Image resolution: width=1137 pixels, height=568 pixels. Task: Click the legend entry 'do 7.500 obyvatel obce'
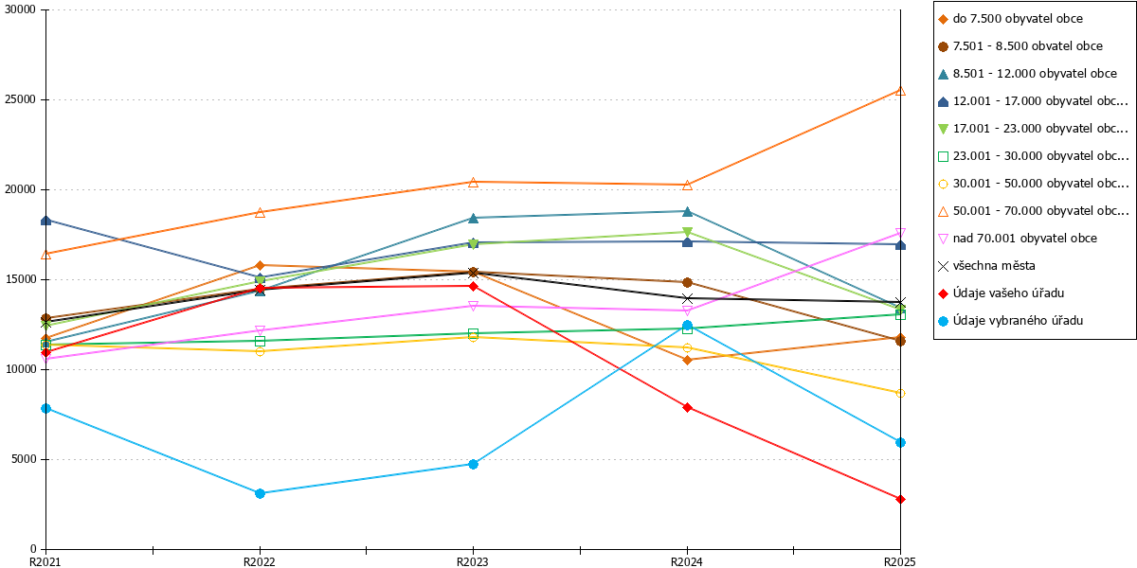1018,19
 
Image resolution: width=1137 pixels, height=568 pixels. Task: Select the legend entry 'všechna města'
993,266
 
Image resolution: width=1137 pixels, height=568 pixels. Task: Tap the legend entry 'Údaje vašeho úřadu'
1008,293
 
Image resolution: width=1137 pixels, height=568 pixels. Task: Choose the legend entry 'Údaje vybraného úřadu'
1018,321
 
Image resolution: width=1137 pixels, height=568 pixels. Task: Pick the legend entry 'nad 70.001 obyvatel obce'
1024,239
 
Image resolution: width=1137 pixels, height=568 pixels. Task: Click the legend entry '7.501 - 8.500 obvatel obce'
1027,46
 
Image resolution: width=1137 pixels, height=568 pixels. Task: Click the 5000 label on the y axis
24,459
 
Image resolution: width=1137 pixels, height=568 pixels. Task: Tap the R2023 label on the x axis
473,561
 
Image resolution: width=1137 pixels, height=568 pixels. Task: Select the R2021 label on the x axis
45,561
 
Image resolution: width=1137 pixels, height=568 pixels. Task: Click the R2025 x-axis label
900,561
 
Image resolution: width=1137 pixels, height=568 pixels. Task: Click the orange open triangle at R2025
900,91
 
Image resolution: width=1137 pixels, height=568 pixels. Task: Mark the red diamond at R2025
900,500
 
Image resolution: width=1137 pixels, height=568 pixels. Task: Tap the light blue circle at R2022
260,493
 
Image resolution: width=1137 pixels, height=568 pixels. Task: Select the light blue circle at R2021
45,409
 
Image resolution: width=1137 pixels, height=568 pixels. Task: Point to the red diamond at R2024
687,408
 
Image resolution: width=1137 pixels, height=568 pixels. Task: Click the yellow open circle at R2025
900,394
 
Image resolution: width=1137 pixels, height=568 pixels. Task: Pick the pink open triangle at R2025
900,233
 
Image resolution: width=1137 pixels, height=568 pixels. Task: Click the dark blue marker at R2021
45,221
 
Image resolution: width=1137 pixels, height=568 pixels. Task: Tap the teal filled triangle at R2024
687,211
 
